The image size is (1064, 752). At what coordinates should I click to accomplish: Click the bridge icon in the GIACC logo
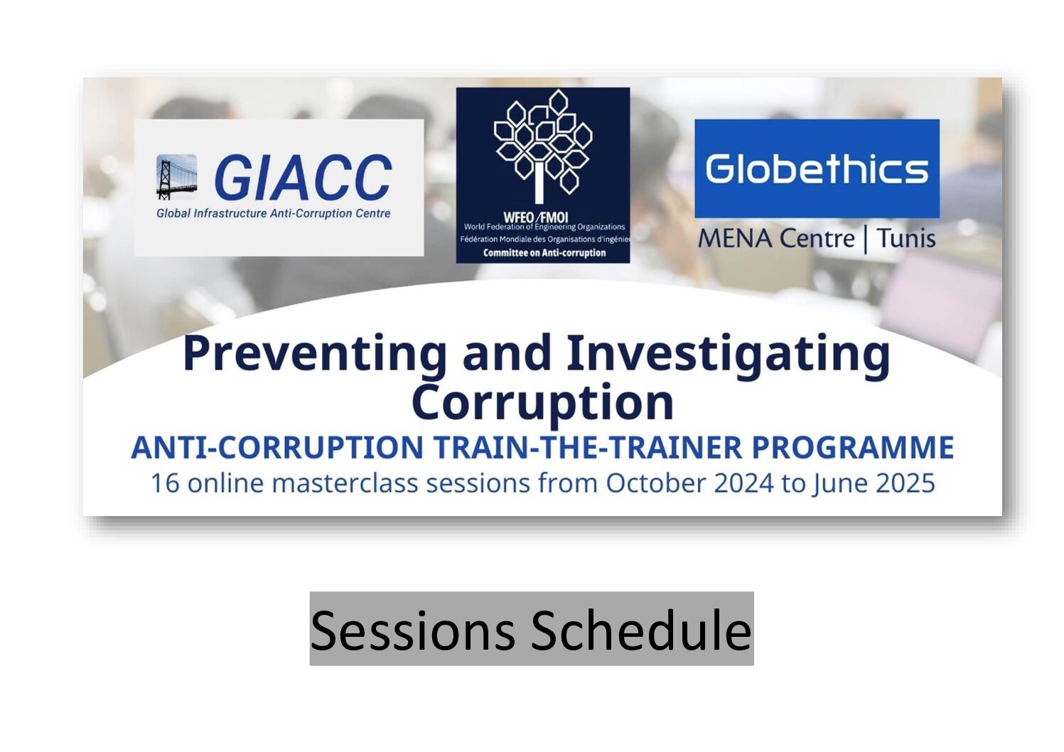click(x=176, y=177)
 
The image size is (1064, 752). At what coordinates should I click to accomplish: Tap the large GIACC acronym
click(x=303, y=178)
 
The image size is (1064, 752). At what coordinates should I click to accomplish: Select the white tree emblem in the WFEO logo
click(x=543, y=146)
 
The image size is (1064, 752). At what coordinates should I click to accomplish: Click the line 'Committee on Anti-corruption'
click(x=544, y=253)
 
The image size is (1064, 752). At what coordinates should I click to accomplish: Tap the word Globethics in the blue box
click(x=817, y=168)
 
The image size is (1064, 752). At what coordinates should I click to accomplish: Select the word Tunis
click(x=906, y=238)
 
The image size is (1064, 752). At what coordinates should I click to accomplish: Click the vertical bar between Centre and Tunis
click(x=866, y=240)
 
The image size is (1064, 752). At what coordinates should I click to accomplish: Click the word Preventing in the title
click(x=314, y=355)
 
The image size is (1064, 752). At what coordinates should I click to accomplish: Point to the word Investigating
click(x=729, y=355)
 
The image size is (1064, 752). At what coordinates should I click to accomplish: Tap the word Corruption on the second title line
click(x=542, y=403)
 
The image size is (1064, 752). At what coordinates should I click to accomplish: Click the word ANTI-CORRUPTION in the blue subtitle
click(x=277, y=448)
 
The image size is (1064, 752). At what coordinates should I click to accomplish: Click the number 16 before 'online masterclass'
click(x=166, y=483)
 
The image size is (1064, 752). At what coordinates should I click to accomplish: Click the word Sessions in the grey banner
click(x=413, y=631)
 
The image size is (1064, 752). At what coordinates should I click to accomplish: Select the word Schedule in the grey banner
click(x=641, y=630)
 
